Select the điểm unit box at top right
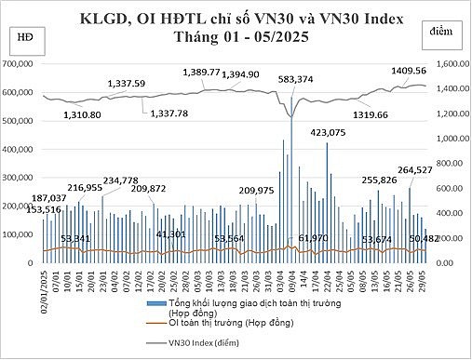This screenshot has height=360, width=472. [443, 32]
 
